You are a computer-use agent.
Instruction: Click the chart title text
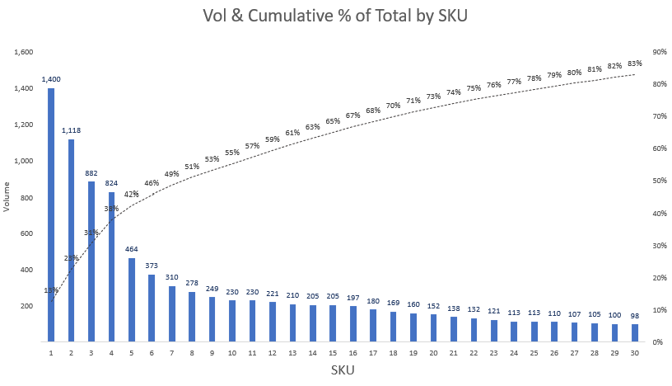tap(335, 16)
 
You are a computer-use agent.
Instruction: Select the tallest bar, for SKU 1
tap(51, 214)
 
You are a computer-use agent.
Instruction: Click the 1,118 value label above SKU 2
tap(72, 130)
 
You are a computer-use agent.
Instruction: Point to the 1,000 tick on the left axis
tap(23, 161)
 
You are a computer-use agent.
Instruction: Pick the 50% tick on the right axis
tap(659, 181)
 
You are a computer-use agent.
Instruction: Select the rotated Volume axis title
tap(7, 196)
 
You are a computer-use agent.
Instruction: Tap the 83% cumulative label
tap(634, 64)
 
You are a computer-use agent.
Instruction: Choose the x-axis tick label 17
tap(373, 352)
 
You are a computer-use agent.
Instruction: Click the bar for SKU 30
tap(634, 332)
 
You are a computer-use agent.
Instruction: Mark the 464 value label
tap(132, 249)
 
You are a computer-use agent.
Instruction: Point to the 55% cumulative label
tap(232, 153)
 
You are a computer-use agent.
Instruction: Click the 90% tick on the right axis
tap(659, 52)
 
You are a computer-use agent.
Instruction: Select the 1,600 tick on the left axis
tap(23, 52)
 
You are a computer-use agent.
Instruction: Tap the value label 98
tap(634, 316)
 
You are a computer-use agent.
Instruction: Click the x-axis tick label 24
tap(514, 352)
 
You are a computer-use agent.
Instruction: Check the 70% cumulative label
tap(393, 106)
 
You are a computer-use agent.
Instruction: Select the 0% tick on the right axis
tap(656, 341)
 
